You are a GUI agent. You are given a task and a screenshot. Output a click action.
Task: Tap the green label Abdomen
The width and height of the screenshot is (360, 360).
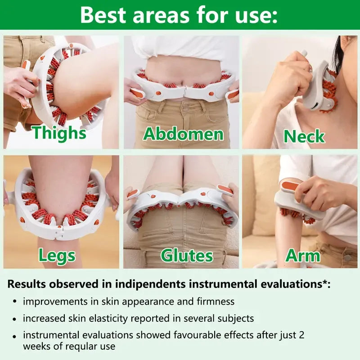(x=183, y=134)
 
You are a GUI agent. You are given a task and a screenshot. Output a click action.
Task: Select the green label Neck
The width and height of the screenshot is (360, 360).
(x=304, y=136)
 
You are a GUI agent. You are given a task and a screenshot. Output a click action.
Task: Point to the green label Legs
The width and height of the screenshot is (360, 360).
(x=57, y=255)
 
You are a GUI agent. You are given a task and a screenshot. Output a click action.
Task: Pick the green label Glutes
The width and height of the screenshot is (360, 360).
(x=187, y=255)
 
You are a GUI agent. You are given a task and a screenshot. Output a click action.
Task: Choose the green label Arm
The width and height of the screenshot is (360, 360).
(x=303, y=256)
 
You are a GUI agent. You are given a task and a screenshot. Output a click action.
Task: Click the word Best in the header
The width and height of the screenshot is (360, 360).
(x=107, y=14)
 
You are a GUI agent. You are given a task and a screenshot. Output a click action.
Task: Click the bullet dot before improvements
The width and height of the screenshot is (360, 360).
(x=15, y=301)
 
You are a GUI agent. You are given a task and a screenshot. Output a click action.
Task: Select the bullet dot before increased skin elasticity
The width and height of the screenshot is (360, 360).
(x=15, y=319)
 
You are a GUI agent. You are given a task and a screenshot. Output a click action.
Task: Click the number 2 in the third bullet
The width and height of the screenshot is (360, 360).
(x=308, y=335)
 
